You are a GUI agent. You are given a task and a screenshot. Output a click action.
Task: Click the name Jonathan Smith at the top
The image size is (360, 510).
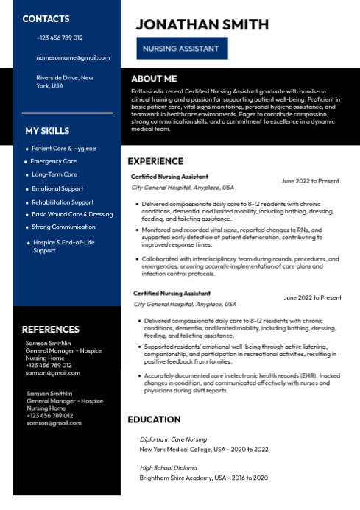coord(202,24)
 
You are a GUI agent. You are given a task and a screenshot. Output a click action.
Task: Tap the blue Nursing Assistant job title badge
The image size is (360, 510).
coord(181,49)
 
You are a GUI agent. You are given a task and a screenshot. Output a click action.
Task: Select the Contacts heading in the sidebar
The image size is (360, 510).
coord(46,18)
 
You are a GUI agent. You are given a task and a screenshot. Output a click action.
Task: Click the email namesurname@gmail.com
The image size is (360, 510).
coord(73,57)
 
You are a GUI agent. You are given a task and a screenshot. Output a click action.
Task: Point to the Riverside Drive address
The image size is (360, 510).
coord(65,81)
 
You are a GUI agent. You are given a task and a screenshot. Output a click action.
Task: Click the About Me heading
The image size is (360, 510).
coord(154,79)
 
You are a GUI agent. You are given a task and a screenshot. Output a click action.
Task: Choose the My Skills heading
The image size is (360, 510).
coord(47,131)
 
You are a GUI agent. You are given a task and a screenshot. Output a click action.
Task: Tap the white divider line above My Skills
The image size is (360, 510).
coord(67,113)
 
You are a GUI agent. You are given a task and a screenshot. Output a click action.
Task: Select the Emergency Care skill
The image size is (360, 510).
coord(53,161)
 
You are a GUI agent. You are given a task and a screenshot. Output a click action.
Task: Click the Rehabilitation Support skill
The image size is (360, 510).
coord(63,202)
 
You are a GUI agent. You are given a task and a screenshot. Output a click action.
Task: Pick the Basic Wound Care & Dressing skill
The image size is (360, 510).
coord(72,214)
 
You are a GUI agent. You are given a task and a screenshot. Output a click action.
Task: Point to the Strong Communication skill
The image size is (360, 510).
coord(63,227)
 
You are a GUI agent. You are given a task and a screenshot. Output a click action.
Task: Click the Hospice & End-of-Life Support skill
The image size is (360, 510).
coord(55,246)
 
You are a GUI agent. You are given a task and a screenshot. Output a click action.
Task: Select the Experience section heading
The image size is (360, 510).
coord(155,161)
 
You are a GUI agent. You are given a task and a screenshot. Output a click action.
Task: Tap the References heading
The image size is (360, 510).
coord(50,329)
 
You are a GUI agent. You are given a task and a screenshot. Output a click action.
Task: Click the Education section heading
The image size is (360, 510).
coord(154,419)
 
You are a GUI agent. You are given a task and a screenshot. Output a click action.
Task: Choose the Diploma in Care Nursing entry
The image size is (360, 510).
coord(173,439)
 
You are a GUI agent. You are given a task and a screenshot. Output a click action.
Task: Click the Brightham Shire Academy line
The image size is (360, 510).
coord(204,478)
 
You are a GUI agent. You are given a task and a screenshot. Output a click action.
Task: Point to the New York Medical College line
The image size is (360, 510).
coord(204,449)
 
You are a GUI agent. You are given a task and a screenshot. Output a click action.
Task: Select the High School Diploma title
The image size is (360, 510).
coord(169,467)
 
